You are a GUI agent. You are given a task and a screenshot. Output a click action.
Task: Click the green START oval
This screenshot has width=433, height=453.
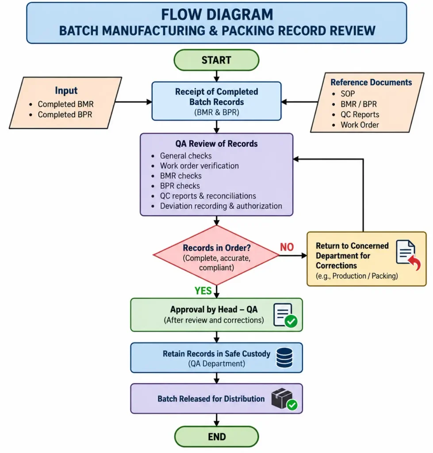coord(216,60)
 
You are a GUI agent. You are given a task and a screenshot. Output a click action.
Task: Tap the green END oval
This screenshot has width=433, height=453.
coord(216,437)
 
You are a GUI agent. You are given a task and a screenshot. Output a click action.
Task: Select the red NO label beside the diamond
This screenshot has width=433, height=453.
coord(287,247)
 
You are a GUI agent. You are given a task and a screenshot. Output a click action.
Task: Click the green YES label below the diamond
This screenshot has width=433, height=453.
coord(203,291)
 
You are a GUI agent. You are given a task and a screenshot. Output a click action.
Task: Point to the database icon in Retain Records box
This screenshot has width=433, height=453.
coord(284,357)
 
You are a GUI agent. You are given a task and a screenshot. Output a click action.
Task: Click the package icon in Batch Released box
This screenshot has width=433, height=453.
coord(284,399)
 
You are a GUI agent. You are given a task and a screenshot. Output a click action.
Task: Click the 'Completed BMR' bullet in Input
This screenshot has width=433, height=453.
coord(65,104)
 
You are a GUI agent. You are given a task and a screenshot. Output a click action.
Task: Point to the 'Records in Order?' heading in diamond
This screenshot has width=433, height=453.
coord(217,248)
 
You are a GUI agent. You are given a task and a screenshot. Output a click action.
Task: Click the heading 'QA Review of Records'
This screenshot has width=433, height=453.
coord(216,144)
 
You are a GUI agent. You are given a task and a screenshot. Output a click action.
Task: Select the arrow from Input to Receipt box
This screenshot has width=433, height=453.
coord(134,102)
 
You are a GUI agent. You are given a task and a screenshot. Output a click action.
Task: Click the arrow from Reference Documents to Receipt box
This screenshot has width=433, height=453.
coord(299,102)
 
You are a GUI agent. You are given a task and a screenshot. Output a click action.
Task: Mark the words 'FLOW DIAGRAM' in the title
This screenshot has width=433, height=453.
coord(217,15)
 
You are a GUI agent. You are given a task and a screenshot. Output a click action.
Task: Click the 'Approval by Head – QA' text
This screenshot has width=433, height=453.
coord(214,309)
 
